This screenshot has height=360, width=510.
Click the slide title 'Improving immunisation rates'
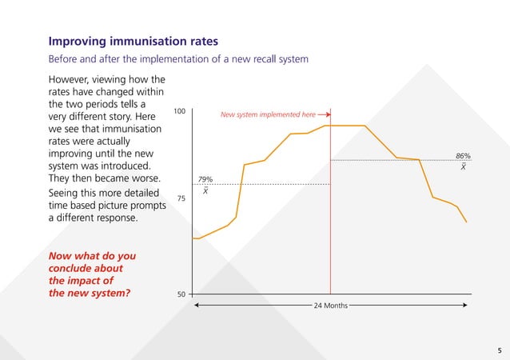point(133,41)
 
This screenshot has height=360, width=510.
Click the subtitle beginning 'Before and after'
point(178,60)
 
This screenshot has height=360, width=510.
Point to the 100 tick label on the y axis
point(181,111)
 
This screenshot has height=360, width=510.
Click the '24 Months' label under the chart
point(330,306)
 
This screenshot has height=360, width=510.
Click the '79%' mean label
point(205,179)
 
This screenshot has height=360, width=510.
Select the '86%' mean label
point(463,156)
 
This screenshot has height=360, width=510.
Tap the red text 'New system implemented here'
point(268,115)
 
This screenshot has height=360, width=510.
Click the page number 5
point(499,350)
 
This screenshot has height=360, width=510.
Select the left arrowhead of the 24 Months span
point(196,306)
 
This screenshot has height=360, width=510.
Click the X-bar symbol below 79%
point(205,190)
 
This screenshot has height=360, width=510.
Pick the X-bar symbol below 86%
point(464,166)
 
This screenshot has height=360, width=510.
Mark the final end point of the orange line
point(467,222)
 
